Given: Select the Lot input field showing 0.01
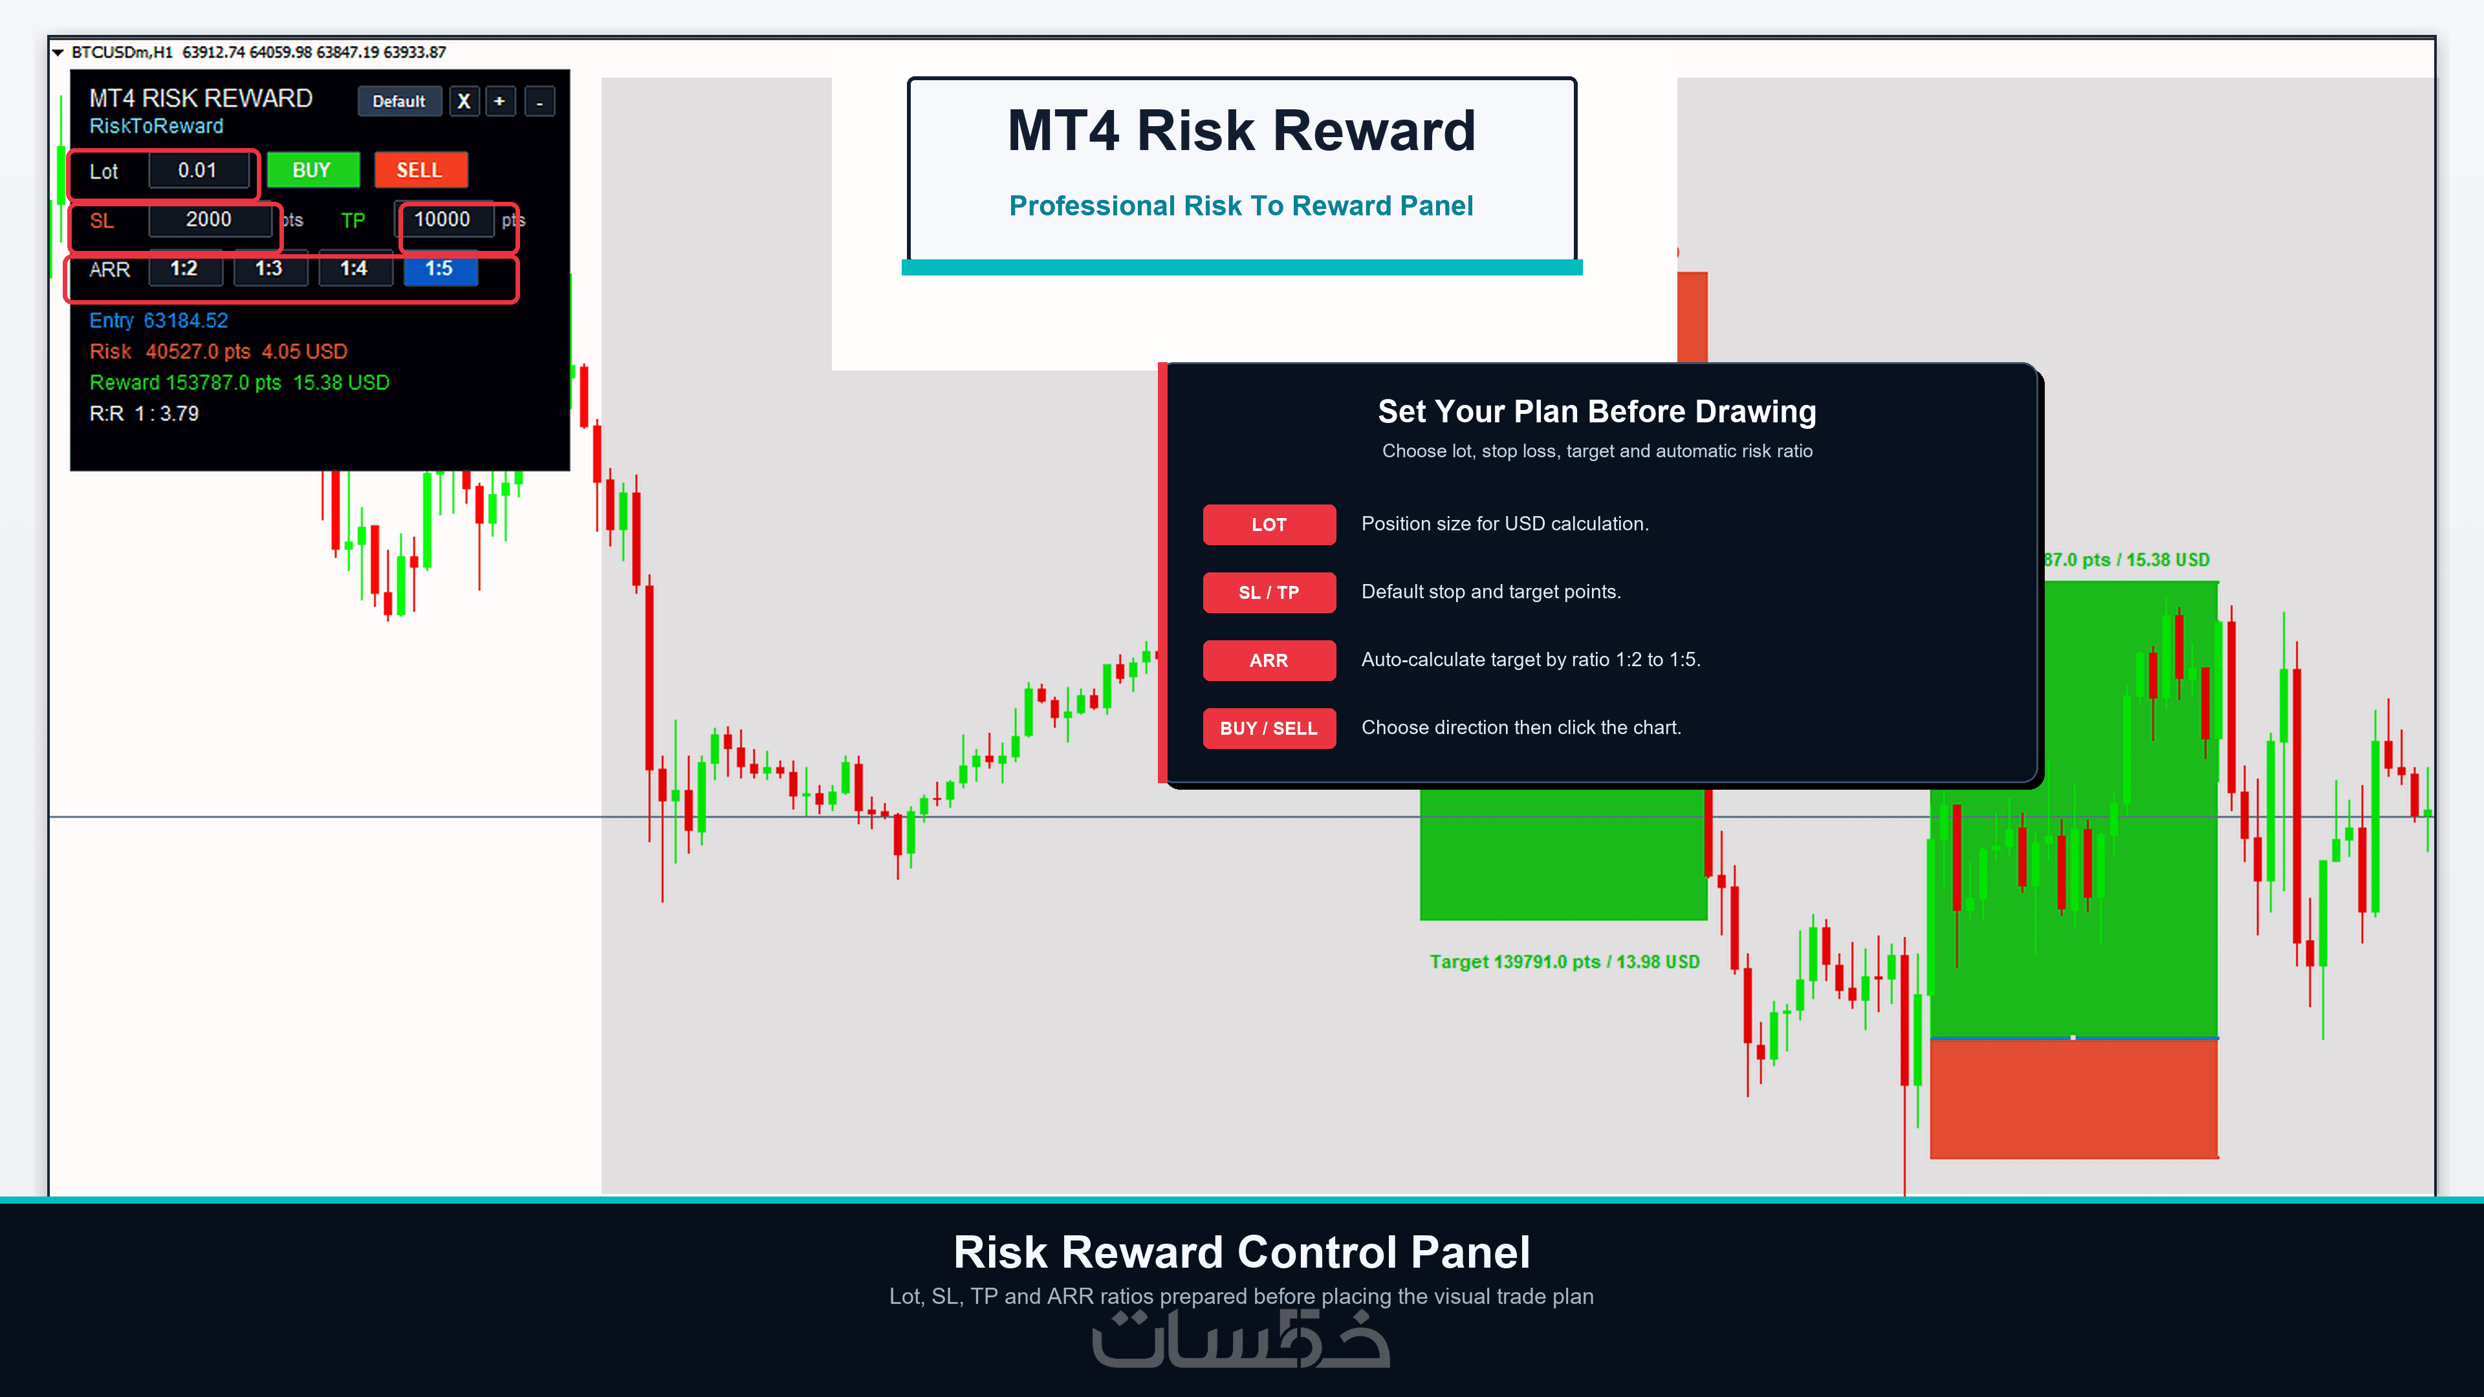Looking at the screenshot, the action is click(x=199, y=171).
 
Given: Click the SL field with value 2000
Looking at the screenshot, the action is click(x=209, y=220).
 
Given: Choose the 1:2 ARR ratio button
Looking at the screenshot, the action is click(x=185, y=269).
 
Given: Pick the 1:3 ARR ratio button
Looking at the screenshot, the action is click(x=270, y=269).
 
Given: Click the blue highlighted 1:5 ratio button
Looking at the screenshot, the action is click(x=440, y=269).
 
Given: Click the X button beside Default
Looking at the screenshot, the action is click(x=464, y=102).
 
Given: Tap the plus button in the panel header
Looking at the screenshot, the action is click(x=499, y=102).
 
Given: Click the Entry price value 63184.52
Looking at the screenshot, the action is click(x=186, y=321).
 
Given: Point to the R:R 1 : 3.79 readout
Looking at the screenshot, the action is click(x=145, y=414).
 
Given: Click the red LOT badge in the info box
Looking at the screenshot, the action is click(x=1269, y=525).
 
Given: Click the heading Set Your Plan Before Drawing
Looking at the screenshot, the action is click(x=1597, y=412).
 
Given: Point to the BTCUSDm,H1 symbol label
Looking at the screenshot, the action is click(x=122, y=52).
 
